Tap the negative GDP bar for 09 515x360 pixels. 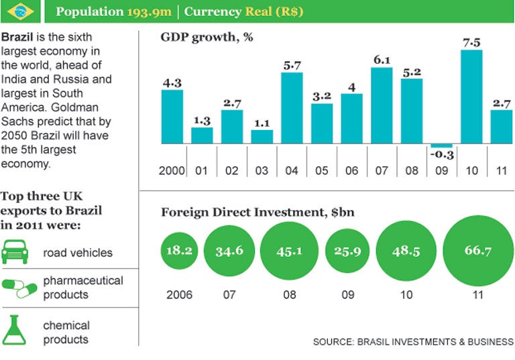pyautogui.click(x=441, y=145)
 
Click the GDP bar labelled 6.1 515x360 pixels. pyautogui.click(x=382, y=105)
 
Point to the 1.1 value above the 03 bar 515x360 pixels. pyautogui.click(x=262, y=123)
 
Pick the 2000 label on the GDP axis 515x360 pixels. pyautogui.click(x=172, y=170)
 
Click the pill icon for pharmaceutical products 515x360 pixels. pyautogui.click(x=19, y=288)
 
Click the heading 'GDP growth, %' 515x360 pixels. pyautogui.click(x=207, y=37)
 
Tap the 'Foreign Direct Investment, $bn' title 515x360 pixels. pyautogui.click(x=257, y=213)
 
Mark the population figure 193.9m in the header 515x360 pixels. pyautogui.click(x=154, y=11)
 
